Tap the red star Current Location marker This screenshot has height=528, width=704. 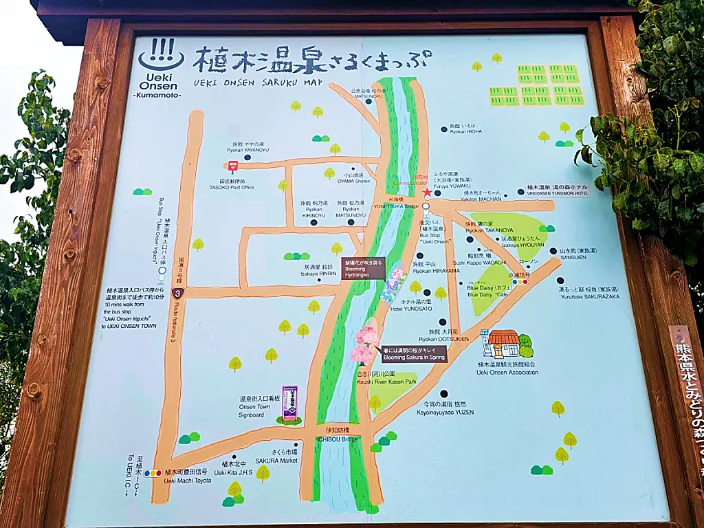pyautogui.click(x=427, y=192)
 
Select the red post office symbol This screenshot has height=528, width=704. pyautogui.click(x=232, y=165)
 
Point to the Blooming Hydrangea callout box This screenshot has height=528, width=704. pyautogui.click(x=363, y=268)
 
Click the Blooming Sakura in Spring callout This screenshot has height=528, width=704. pyautogui.click(x=413, y=353)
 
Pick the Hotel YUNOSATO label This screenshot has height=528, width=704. pyautogui.click(x=411, y=305)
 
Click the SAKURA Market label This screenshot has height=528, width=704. pyautogui.click(x=276, y=456)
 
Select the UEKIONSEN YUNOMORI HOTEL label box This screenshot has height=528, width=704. pyautogui.click(x=558, y=190)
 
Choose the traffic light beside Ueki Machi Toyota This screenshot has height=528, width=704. pyautogui.click(x=153, y=473)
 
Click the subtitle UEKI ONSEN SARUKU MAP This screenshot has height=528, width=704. pyautogui.click(x=258, y=82)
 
